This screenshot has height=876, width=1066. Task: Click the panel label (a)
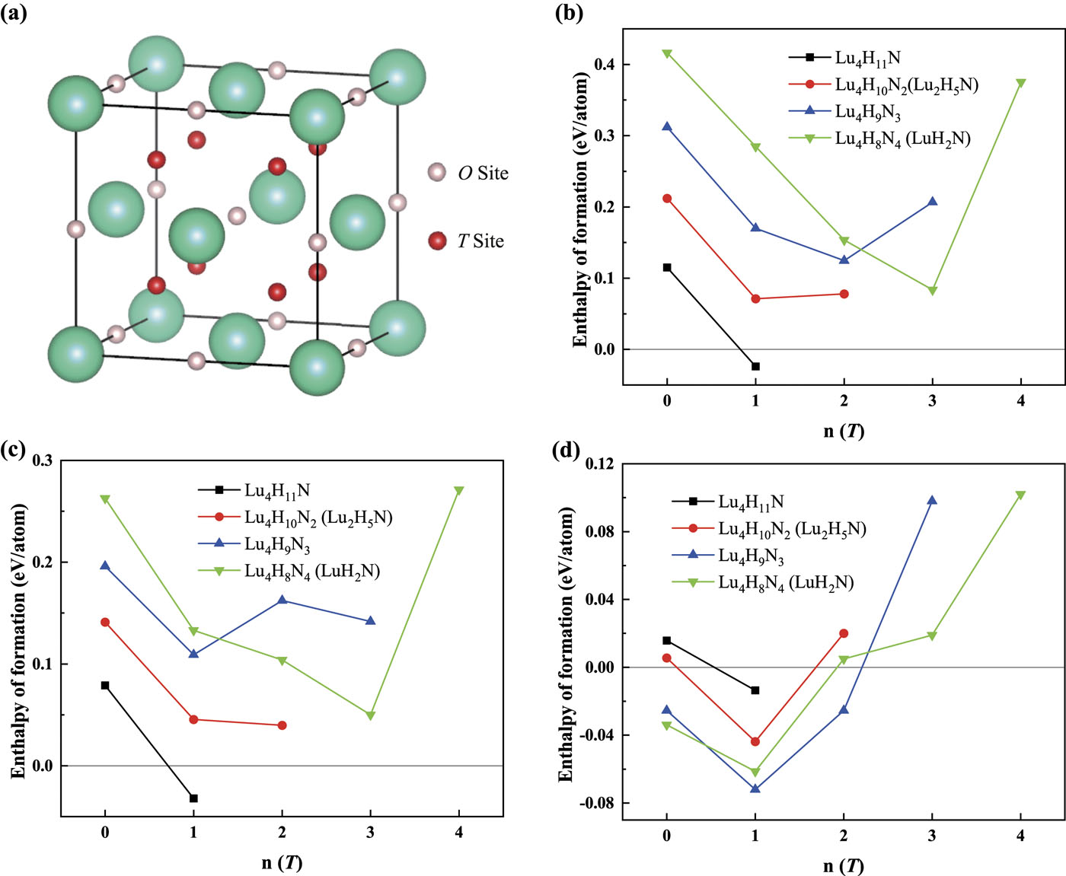pos(14,13)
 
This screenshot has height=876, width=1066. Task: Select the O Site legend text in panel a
pos(484,174)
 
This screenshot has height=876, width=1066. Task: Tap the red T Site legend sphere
pos(437,241)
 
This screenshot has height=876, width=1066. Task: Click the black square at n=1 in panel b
pos(755,366)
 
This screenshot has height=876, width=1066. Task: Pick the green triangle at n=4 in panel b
pos(1021,83)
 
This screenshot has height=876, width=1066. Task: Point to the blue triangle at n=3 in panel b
pos(933,202)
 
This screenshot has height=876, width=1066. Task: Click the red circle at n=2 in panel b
pos(844,294)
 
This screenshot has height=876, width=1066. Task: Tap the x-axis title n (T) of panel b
pos(844,431)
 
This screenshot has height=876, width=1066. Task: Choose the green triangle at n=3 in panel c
pos(371,715)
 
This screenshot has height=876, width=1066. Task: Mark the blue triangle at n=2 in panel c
pos(282,600)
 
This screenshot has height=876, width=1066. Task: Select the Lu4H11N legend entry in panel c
pos(254,490)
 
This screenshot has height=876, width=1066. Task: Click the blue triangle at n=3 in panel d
pos(932,501)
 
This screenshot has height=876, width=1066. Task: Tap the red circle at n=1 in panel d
pos(755,741)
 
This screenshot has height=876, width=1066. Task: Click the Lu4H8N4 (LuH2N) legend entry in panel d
pos(762,583)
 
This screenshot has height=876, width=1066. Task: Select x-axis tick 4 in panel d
pos(1020,836)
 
